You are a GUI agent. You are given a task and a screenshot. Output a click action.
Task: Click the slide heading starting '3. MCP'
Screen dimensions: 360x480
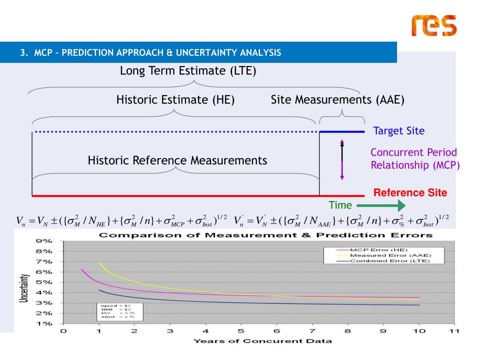click(x=150, y=52)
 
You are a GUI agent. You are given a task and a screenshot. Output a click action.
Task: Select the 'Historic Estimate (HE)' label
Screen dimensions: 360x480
click(x=175, y=100)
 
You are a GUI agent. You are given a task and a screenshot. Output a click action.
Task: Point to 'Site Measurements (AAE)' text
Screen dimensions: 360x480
click(x=337, y=100)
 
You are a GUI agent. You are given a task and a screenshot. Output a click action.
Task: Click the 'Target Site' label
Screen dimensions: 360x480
click(x=399, y=131)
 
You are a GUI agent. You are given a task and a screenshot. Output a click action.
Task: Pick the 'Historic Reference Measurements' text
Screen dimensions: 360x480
click(x=177, y=161)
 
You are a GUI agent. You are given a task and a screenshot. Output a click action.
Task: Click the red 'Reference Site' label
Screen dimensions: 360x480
click(x=410, y=193)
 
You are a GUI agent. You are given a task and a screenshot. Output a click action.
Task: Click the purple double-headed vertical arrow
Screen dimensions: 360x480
click(x=342, y=159)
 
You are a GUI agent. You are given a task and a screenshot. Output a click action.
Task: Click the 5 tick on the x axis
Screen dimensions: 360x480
click(x=241, y=331)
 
